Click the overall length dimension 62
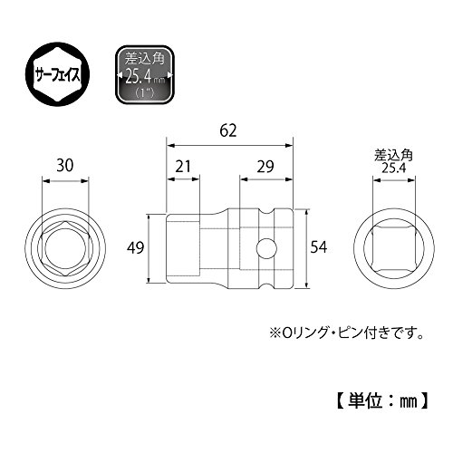tap(228, 130)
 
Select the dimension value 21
tap(183, 167)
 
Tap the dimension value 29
tap(265, 167)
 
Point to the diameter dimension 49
tap(135, 248)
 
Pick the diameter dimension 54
tap(319, 247)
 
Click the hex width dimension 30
tap(65, 166)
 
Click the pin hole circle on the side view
tap(266, 248)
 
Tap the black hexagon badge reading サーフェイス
tap(58, 75)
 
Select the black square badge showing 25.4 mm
tap(145, 75)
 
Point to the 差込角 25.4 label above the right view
tap(394, 162)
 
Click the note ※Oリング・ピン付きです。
tap(346, 333)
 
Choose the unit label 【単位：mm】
tap(382, 401)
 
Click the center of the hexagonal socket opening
tap(65, 248)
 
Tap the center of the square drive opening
tap(394, 248)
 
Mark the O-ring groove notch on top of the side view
tap(266, 212)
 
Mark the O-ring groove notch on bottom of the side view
tap(266, 284)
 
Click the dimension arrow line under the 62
tap(230, 146)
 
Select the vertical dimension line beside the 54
tap(306, 248)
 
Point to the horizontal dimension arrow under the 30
tap(65, 181)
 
